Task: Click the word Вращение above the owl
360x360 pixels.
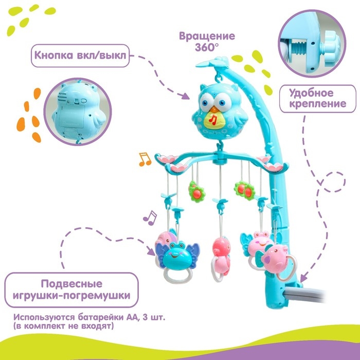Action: point(207,37)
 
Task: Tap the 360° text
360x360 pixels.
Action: point(207,48)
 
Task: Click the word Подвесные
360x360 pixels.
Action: point(71,284)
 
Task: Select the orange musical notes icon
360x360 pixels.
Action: point(145,159)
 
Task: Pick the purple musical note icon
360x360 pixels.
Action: point(150,218)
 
